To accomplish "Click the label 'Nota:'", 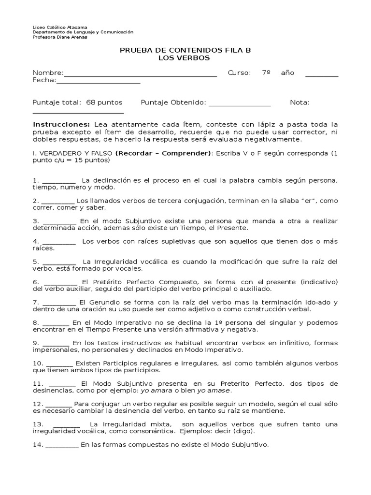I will pos(300,102).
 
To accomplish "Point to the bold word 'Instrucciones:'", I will pos(61,124).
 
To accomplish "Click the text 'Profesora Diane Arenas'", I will pos(60,37).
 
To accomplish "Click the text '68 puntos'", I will pos(104,102).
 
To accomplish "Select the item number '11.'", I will pos(38,383).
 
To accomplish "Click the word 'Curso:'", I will pos(239,73).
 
